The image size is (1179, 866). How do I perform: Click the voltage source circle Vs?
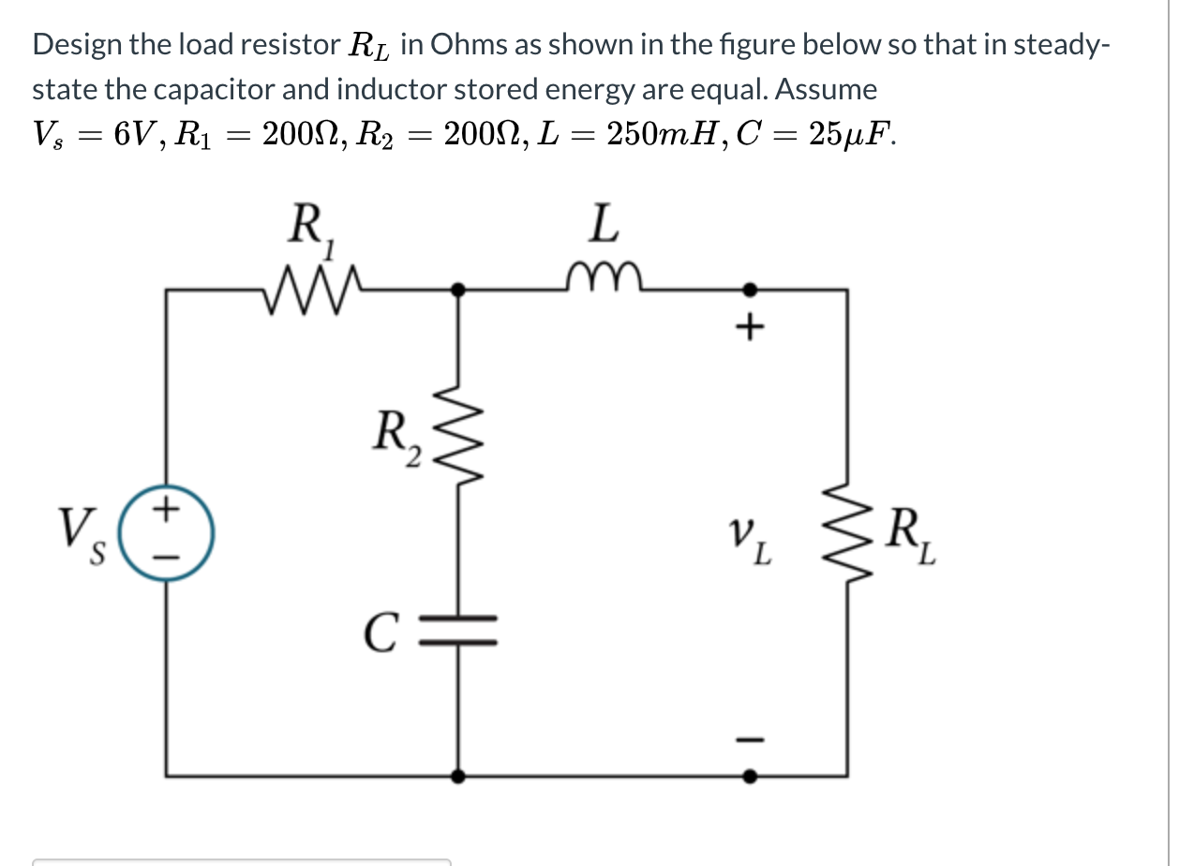coord(170,535)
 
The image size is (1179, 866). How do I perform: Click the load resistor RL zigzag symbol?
coord(847,534)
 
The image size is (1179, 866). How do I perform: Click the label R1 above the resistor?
coord(308,228)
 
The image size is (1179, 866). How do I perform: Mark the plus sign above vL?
coord(750,328)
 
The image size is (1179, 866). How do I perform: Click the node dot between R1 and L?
coord(457,291)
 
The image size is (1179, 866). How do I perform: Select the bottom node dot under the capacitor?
coord(457,776)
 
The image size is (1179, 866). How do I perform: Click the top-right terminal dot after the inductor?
coord(750,291)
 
